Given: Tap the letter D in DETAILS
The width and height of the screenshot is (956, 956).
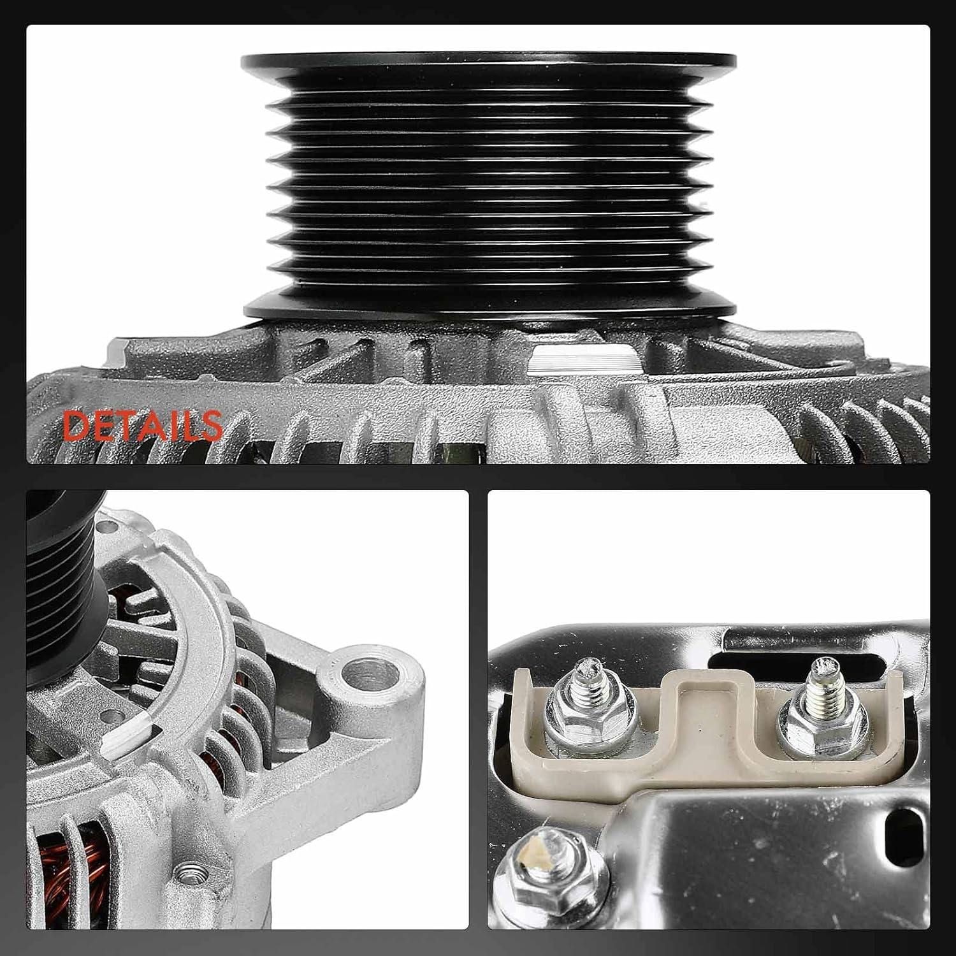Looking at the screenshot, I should pos(76,426).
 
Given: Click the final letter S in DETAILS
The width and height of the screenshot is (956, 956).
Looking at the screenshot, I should pos(209,426).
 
